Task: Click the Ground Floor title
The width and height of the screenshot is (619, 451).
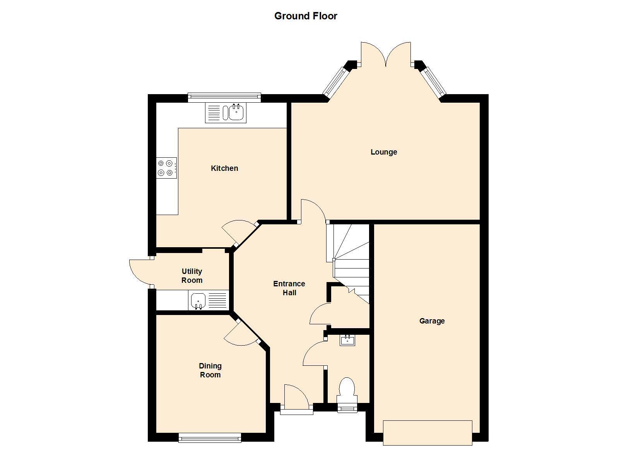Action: click(x=306, y=16)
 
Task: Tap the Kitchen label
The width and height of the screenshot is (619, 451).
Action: click(x=224, y=168)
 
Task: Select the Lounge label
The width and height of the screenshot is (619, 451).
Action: click(x=384, y=152)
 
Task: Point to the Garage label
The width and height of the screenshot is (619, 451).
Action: click(x=432, y=321)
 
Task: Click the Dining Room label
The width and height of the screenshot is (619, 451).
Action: click(x=210, y=370)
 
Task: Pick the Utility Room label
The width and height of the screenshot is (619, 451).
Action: click(x=192, y=275)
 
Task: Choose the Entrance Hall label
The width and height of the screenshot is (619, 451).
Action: click(x=289, y=288)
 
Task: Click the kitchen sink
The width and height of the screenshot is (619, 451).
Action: click(x=226, y=113)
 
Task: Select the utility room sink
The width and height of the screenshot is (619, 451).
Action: click(x=209, y=300)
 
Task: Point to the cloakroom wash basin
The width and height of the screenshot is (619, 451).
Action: click(x=347, y=340)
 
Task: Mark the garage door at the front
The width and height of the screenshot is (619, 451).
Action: click(x=427, y=433)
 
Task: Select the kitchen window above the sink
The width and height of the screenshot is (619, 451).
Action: click(x=224, y=97)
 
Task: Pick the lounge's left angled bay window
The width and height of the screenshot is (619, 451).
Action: click(x=336, y=82)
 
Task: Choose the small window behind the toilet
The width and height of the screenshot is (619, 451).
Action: click(x=347, y=408)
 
